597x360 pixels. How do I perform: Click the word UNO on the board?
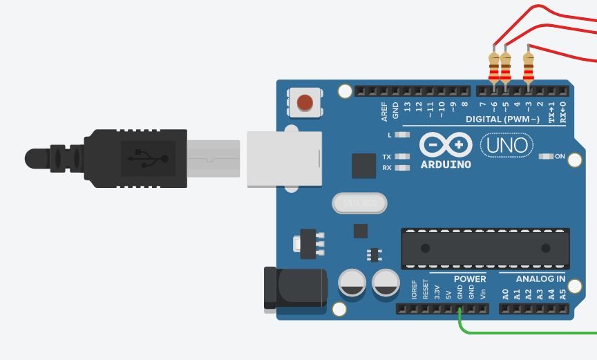tap(506, 145)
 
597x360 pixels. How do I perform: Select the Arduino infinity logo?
tap(446, 145)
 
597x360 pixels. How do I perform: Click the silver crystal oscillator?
tap(359, 203)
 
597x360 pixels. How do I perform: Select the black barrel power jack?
tap(296, 288)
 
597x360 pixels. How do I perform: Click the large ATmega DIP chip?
tap(485, 248)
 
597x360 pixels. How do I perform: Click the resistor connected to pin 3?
tap(529, 66)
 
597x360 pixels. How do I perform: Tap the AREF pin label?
tap(384, 111)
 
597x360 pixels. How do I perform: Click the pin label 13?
tap(408, 108)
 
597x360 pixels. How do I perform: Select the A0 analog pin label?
tap(505, 294)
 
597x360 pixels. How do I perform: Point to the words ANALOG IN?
tap(540, 279)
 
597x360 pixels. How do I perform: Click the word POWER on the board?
tap(470, 279)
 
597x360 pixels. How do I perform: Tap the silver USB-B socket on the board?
tap(285, 159)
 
